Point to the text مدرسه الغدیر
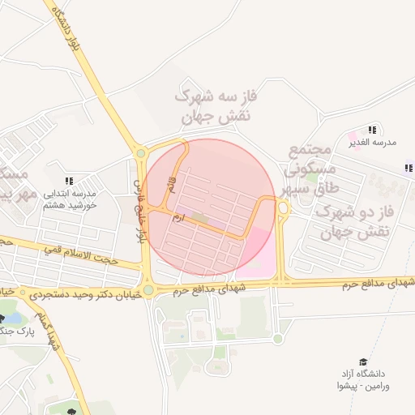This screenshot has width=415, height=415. click(372, 142)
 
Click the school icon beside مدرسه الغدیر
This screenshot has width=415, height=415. click(372, 130)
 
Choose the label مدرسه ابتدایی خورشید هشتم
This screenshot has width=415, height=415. click(69, 199)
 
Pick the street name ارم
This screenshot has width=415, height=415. click(179, 217)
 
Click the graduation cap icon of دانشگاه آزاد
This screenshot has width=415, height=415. click(363, 361)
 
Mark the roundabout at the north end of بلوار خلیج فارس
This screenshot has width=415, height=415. click(141, 152)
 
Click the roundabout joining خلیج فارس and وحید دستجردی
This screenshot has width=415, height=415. click(148, 290)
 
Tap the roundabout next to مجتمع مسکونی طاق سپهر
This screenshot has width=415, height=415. click(283, 208)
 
